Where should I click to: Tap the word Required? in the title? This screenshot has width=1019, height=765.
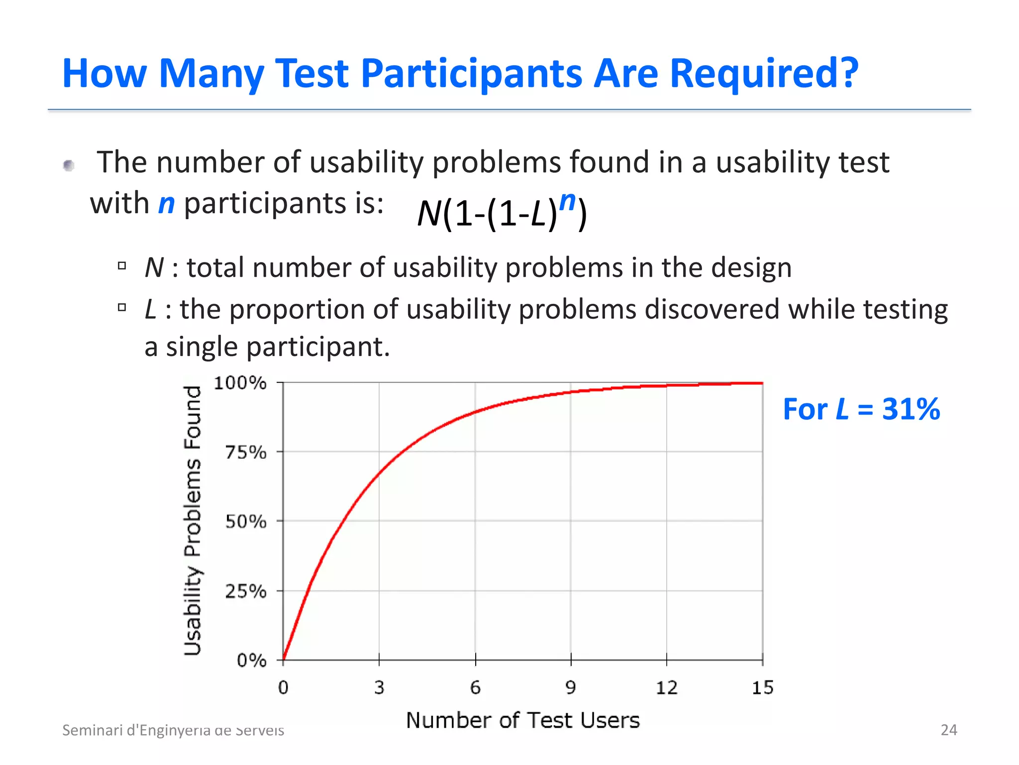(764, 73)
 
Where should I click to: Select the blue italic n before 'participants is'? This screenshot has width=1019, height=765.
(167, 204)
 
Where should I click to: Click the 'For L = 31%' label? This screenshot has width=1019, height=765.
(861, 409)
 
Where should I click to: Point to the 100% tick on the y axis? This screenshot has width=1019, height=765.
(240, 383)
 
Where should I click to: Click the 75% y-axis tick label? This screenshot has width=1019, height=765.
(246, 452)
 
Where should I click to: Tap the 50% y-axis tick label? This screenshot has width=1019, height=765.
(246, 521)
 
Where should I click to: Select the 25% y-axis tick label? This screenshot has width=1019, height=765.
(246, 591)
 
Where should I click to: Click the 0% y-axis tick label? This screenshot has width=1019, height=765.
(252, 660)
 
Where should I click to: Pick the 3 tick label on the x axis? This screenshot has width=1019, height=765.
(379, 688)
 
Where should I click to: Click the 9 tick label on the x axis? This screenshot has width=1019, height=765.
(571, 688)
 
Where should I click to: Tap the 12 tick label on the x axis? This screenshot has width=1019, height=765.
(666, 688)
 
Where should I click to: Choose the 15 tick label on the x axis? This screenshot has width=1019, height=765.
(762, 688)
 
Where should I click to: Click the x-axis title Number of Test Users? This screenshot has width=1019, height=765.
(522, 720)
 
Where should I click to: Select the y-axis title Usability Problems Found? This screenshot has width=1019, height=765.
(193, 520)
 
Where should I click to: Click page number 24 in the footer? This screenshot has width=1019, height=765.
(948, 730)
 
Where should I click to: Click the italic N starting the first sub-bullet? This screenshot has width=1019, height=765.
(154, 267)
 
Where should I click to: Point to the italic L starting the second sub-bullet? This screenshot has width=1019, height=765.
(151, 309)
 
